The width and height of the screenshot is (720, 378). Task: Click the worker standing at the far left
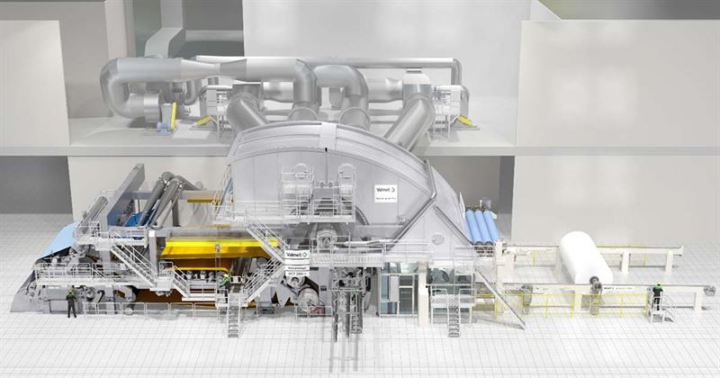(71, 302)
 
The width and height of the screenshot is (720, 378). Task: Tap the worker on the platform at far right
(657, 294)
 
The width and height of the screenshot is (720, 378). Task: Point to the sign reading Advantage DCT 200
(297, 271)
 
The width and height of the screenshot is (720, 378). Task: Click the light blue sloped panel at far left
(54, 241)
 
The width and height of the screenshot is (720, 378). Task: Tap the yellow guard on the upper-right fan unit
(465, 119)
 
